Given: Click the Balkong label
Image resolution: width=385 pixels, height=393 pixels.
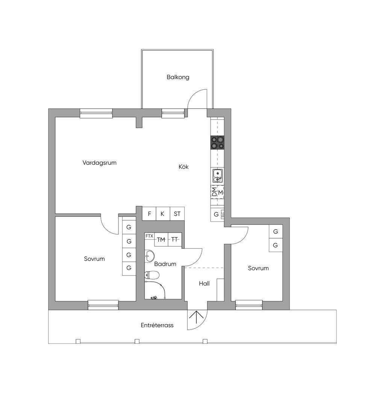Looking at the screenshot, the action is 178,77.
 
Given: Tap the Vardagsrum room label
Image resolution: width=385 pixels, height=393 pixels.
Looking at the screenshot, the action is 99,163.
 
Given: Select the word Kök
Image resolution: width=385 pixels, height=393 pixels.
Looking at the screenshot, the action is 183,167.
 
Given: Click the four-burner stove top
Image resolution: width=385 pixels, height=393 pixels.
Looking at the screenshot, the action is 217,143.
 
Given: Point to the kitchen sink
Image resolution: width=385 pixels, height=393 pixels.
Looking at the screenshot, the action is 217,176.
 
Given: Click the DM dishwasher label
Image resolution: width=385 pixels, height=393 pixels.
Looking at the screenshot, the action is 214,192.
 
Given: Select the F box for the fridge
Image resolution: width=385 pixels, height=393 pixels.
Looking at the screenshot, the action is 149,214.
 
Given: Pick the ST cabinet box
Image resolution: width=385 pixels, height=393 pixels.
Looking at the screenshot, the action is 177,214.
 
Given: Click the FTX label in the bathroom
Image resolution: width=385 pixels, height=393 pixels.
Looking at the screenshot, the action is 149,236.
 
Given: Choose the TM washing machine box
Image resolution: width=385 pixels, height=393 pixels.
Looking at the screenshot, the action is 161,240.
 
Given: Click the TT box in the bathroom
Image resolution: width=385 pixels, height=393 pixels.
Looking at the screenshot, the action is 174,240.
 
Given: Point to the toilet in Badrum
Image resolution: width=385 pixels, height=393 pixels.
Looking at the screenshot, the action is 152,275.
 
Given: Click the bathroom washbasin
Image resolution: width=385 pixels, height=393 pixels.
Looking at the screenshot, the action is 150,256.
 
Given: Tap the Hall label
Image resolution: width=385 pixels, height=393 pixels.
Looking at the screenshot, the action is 204,283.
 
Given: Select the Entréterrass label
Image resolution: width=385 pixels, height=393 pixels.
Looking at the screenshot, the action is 157,325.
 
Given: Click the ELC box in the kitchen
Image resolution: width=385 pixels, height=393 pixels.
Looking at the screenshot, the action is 223,215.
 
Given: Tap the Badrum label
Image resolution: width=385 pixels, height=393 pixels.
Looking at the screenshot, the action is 165,264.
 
